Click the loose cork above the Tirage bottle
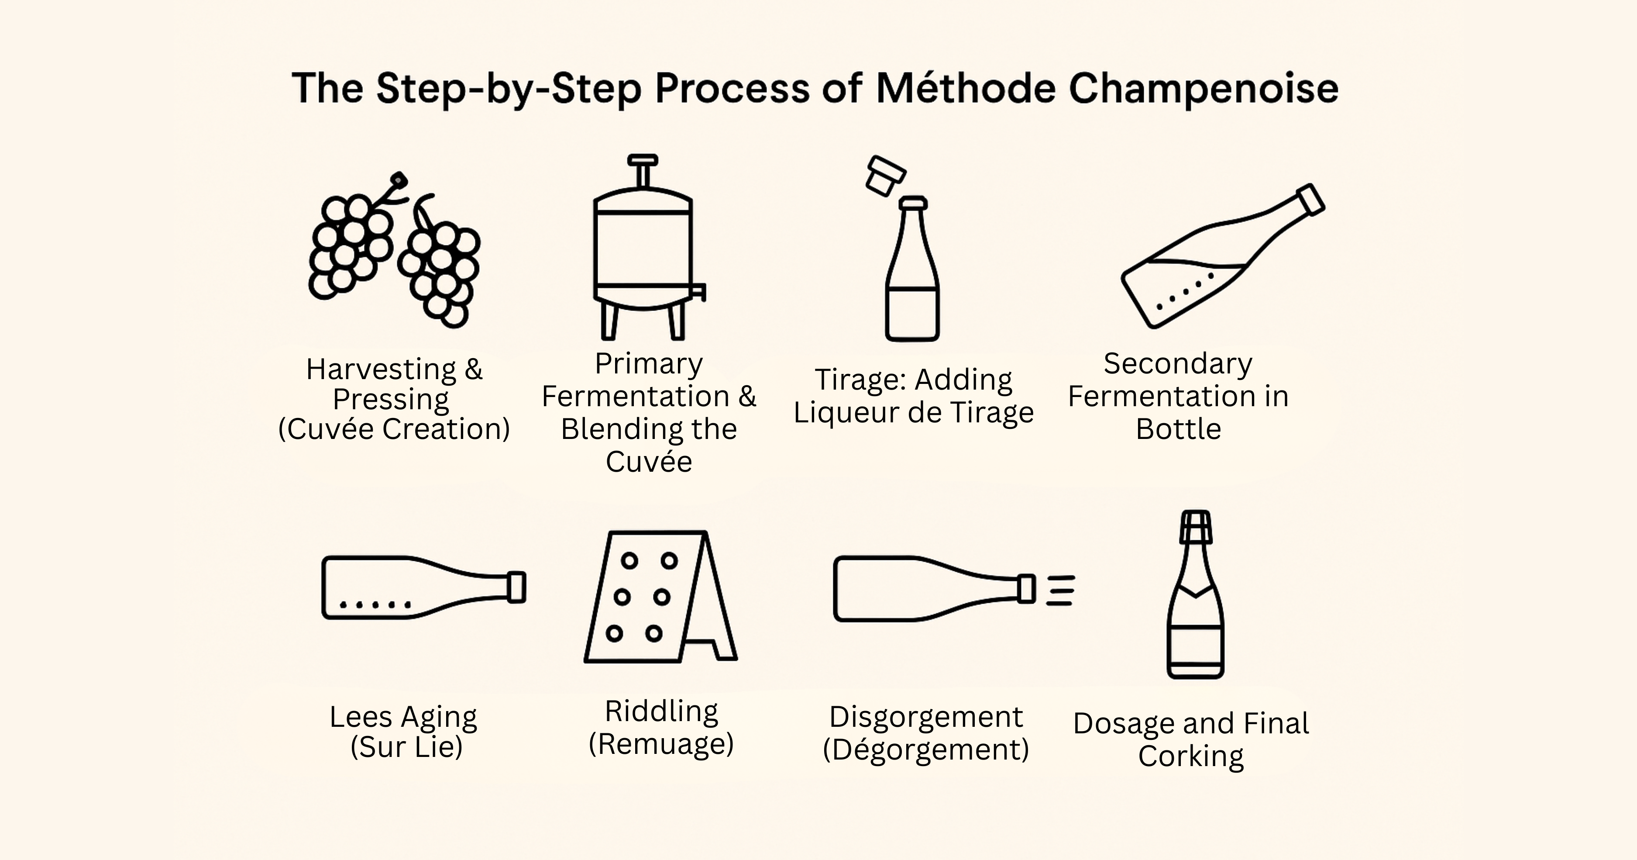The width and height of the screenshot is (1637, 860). click(886, 176)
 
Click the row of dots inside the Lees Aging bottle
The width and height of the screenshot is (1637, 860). click(375, 604)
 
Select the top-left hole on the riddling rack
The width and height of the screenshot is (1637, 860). click(629, 561)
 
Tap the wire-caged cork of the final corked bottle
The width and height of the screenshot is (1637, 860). click(1195, 527)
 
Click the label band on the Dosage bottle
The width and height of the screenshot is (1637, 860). click(1195, 645)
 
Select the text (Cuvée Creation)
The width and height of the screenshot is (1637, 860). click(394, 429)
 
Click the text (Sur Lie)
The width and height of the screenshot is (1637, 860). click(406, 747)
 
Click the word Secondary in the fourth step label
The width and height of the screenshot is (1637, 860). click(1177, 363)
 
